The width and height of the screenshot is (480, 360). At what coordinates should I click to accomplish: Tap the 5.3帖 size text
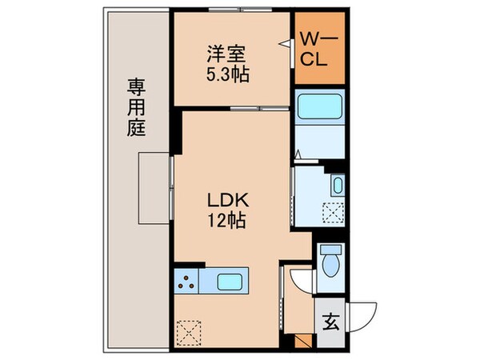point(228,74)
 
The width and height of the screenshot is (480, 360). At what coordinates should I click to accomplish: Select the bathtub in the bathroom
point(319,112)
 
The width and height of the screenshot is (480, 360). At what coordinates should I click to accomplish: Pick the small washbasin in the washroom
point(338,186)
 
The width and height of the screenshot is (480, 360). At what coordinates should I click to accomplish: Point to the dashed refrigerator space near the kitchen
point(190,330)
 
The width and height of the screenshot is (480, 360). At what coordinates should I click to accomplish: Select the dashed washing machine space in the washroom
point(332,214)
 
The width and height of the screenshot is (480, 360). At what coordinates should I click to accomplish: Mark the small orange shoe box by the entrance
point(302,341)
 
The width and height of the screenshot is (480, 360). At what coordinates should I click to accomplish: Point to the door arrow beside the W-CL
point(284,46)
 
